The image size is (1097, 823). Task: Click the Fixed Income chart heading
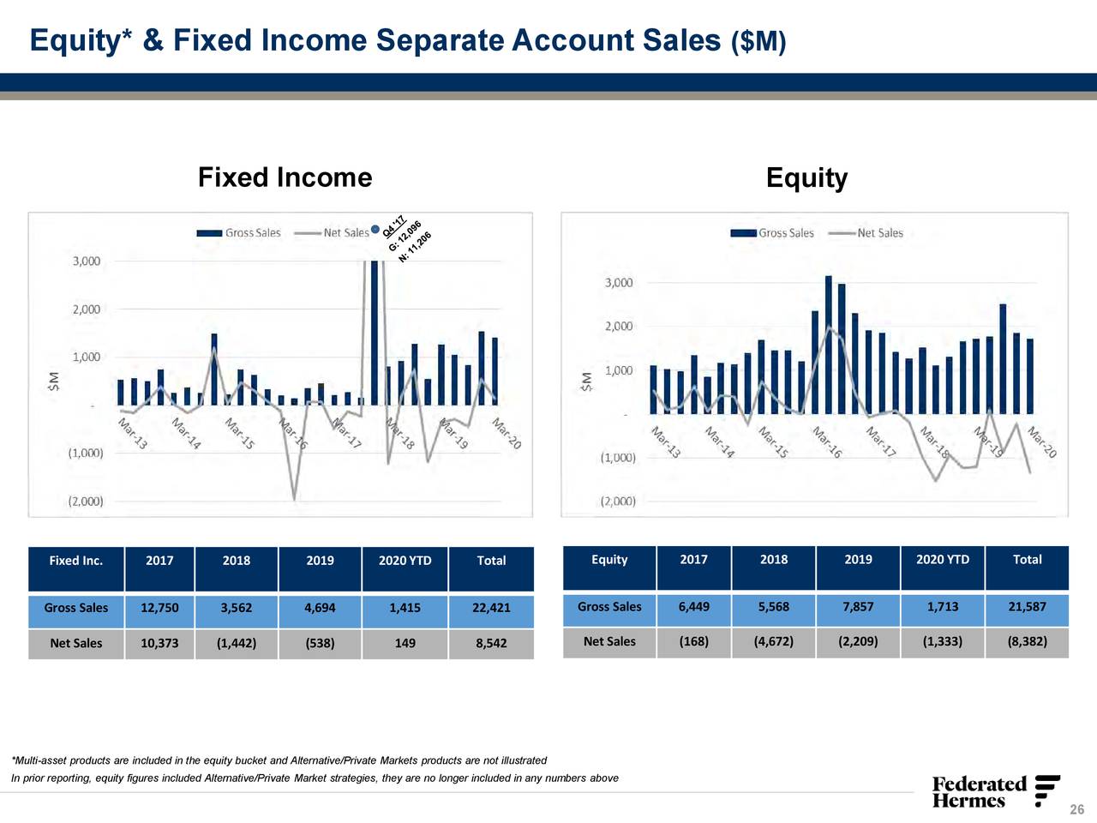(285, 177)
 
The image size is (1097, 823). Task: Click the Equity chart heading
(806, 177)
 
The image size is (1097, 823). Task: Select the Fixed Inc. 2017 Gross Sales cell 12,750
(159, 608)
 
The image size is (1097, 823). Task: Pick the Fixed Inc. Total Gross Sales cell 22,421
(491, 608)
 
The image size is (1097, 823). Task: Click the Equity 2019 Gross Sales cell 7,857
(858, 607)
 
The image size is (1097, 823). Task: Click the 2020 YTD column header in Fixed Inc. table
(405, 561)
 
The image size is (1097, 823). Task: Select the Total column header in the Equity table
(1027, 560)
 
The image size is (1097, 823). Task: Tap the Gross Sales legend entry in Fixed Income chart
(240, 233)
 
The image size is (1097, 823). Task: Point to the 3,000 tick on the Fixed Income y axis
(86, 261)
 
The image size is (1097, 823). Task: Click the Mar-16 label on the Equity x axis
(827, 442)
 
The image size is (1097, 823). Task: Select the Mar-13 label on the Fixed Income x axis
(133, 434)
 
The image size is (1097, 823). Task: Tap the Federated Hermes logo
(994, 791)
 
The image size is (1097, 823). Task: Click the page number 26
(1076, 810)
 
